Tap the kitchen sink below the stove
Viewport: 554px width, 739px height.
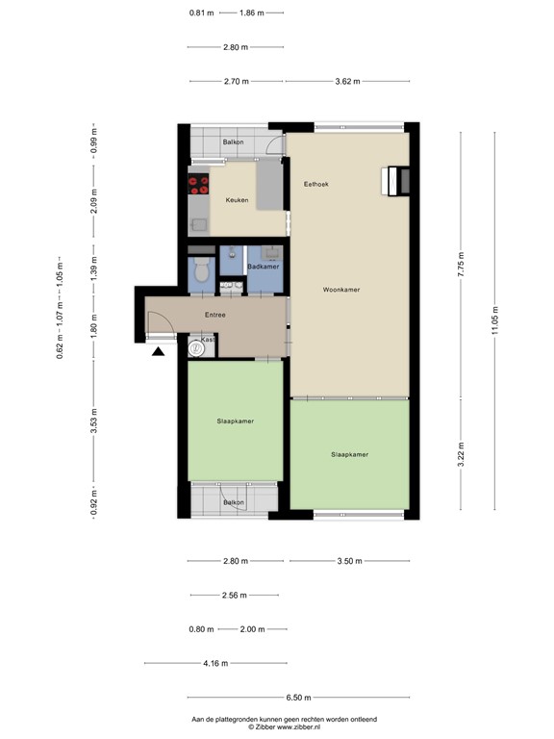tap(199, 224)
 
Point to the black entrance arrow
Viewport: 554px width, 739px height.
tap(159, 352)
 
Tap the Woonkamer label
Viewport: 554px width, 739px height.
tap(340, 289)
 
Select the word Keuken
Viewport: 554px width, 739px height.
tap(237, 200)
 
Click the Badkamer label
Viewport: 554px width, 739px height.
tap(264, 267)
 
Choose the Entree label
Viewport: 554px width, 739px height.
tap(215, 315)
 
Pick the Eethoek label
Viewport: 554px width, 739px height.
tap(317, 184)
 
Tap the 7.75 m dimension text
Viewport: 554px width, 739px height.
tap(462, 265)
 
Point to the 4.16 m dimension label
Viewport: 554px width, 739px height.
tap(215, 663)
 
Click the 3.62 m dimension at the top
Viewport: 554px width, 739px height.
tap(347, 82)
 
